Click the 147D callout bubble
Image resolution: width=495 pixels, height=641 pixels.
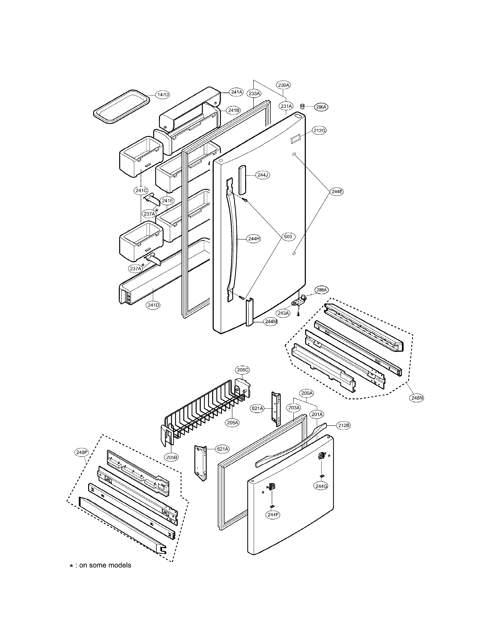[x=162, y=95]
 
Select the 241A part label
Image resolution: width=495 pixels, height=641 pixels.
[x=236, y=92]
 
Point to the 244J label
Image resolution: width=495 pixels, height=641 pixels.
[x=262, y=175]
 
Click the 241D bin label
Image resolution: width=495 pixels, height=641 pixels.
[x=153, y=305]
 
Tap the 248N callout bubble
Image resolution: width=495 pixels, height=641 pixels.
[x=417, y=398]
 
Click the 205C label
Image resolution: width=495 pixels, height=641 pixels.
[x=243, y=370]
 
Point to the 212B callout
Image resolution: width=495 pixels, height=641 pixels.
[x=343, y=426]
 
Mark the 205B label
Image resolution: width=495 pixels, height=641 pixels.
[x=172, y=457]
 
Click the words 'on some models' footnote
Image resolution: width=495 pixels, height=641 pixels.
[x=105, y=565]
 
